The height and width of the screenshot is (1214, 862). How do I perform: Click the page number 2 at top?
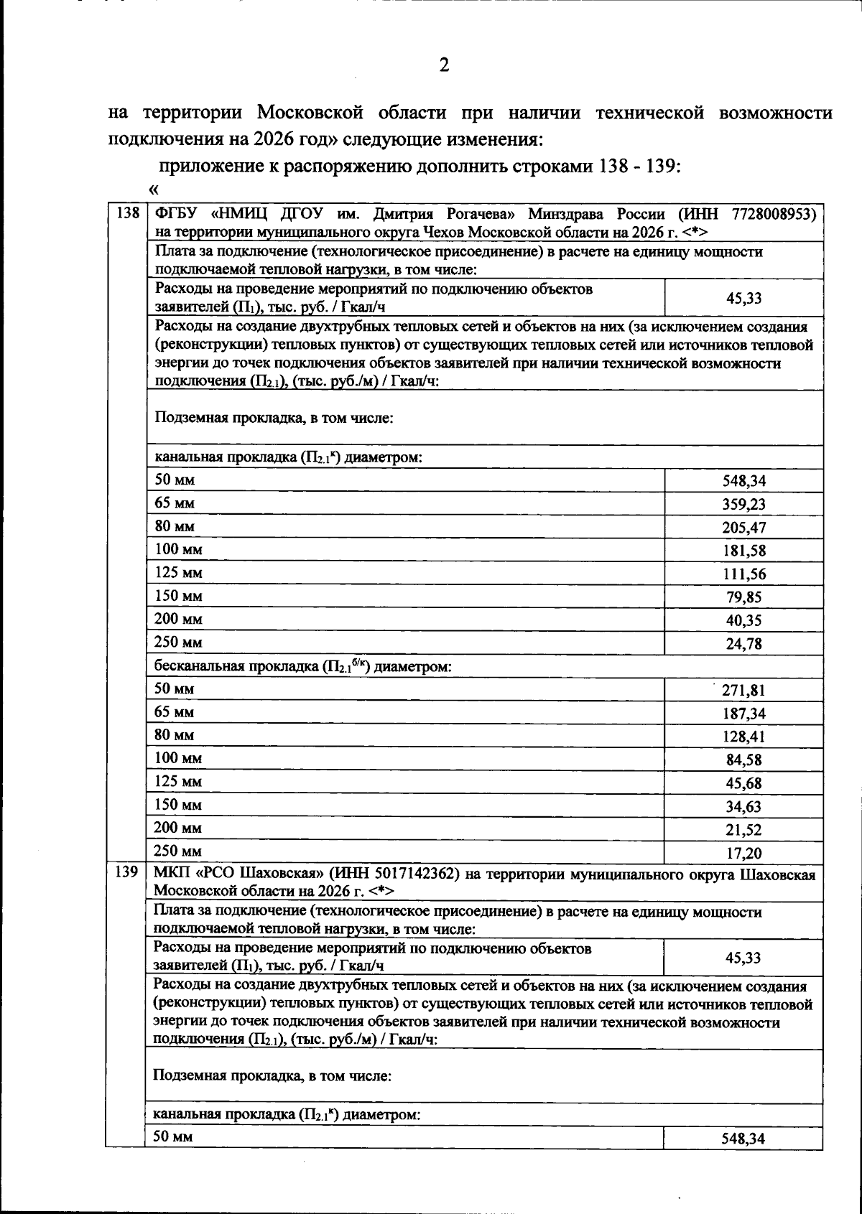(443, 65)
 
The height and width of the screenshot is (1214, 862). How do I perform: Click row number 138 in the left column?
(126, 213)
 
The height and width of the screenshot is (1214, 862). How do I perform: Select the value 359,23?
(743, 504)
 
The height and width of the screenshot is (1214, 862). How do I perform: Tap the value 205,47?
(743, 528)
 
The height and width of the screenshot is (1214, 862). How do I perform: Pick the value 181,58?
(743, 551)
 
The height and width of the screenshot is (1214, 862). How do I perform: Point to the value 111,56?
(743, 574)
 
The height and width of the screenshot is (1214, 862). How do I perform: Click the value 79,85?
(743, 597)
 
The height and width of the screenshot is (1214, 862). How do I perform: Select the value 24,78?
(743, 643)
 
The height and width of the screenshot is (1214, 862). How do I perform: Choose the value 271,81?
(743, 691)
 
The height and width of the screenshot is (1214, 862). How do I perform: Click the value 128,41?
(743, 737)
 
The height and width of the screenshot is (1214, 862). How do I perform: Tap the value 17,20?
(743, 853)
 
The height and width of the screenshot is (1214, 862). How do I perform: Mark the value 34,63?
(743, 806)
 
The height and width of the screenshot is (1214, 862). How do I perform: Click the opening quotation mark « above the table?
(152, 190)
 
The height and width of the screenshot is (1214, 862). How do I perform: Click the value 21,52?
(743, 830)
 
